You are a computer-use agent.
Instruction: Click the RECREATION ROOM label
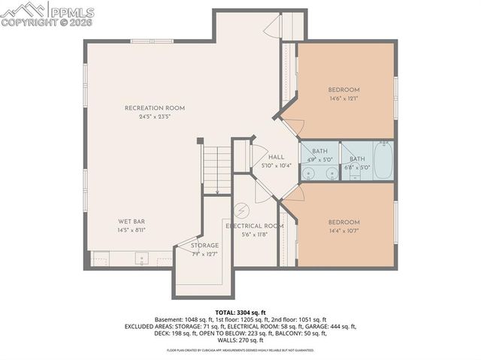(154, 108)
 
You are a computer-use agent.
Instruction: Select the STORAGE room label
(204, 246)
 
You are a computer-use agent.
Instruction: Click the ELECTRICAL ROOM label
(254, 225)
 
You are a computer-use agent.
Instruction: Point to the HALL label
(276, 156)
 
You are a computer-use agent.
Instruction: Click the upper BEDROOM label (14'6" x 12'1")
(344, 89)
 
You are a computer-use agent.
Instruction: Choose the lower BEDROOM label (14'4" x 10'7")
(343, 222)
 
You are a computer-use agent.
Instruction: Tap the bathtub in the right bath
(383, 161)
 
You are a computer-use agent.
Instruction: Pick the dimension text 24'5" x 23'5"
(155, 117)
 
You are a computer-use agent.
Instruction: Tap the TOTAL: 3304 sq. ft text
(240, 311)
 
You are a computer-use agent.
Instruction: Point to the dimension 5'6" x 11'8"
(254, 234)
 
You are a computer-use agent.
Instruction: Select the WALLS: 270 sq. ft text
(240, 340)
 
